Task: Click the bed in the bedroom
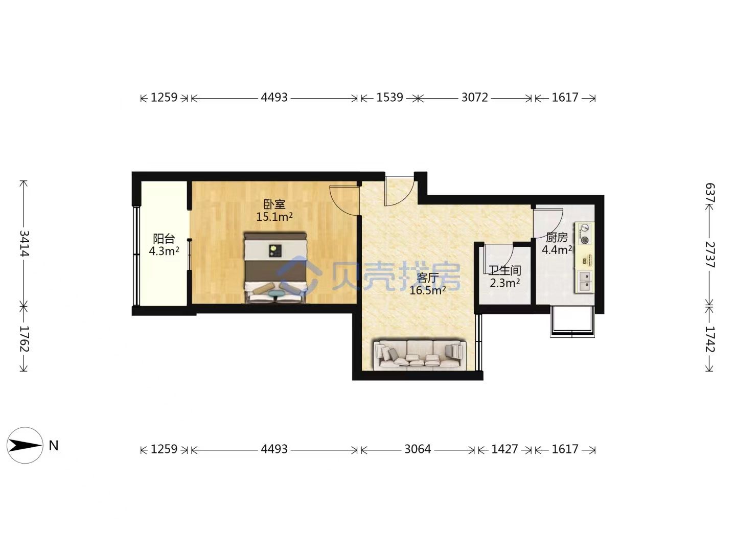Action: (275, 267)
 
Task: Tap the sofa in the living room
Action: (420, 355)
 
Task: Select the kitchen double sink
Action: (585, 282)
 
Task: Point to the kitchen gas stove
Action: (585, 233)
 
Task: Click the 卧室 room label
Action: (274, 204)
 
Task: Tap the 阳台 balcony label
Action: (164, 239)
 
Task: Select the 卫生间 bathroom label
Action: (504, 270)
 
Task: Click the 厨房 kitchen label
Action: (557, 238)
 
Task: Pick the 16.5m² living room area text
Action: (427, 290)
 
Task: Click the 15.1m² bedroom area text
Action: (274, 217)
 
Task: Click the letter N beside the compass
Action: (54, 446)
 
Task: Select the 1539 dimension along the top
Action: (389, 97)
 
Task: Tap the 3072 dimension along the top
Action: (474, 97)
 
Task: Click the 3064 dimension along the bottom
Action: (418, 449)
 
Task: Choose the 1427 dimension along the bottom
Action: (504, 449)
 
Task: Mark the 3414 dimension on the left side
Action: (24, 243)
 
